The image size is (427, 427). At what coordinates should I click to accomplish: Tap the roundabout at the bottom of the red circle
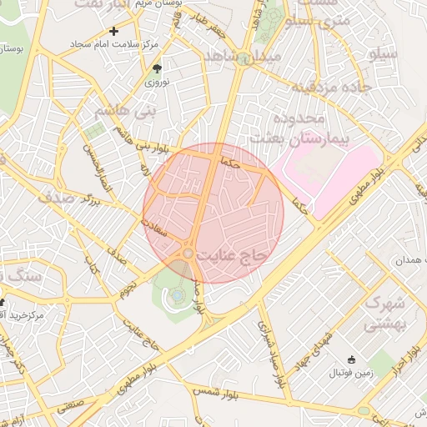tap(189, 253)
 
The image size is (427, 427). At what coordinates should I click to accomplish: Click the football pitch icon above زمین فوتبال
tap(351, 360)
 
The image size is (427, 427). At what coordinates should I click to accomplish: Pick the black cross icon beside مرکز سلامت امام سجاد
tap(114, 31)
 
